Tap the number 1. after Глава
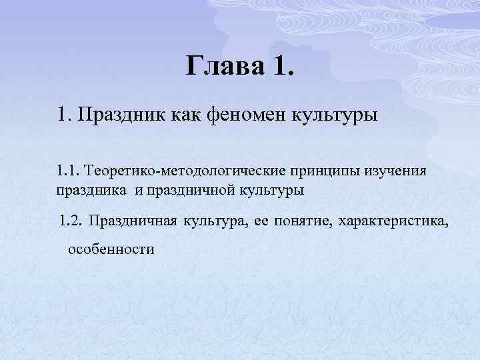[x=282, y=66]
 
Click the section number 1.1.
[x=67, y=171]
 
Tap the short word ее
[x=261, y=221]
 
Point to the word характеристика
[x=394, y=221]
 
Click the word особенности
[x=110, y=250]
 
